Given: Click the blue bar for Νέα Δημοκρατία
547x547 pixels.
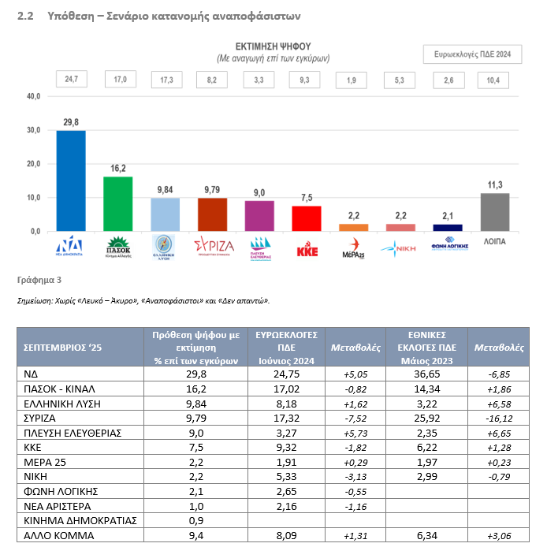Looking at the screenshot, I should (71, 180).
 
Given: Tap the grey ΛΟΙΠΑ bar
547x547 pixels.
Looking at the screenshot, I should (494, 212).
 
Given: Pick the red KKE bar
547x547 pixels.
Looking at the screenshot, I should (307, 218).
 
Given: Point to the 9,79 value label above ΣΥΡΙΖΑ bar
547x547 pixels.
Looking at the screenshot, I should (212, 189).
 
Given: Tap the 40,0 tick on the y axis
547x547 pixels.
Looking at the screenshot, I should (34, 96).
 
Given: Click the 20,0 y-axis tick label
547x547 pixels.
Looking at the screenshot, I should (34, 164).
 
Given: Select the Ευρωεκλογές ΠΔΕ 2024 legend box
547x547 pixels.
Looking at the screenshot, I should (472, 54).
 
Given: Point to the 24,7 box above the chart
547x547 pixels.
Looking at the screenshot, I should (71, 79).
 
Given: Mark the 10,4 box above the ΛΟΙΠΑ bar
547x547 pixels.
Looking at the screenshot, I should (494, 79).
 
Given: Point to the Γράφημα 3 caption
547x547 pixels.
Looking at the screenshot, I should (39, 280).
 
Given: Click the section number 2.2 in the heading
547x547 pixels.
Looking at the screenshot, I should (24, 15).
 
